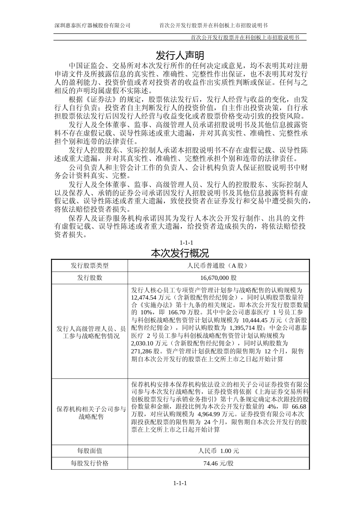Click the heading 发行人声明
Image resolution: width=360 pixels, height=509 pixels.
pos(180,55)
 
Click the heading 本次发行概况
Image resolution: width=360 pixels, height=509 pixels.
pos(180,253)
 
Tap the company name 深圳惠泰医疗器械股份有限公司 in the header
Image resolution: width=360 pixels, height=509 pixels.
pos(92,25)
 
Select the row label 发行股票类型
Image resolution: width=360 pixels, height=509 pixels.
pos(89,266)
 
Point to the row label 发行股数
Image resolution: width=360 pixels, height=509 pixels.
pos(89,278)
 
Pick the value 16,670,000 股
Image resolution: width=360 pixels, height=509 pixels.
pos(219,278)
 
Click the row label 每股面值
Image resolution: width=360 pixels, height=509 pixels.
pos(89,451)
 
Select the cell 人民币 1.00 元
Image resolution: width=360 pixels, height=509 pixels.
pos(219,451)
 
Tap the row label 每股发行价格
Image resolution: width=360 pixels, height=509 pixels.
pos(89,463)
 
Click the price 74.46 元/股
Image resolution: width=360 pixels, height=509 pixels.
pos(219,463)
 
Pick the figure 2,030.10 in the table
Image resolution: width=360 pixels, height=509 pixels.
pos(144,343)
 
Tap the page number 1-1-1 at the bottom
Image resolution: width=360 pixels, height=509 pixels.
pos(180,483)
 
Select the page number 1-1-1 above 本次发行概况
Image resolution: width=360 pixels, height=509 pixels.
pos(186,243)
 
